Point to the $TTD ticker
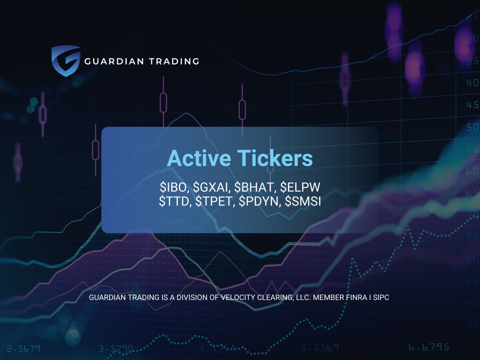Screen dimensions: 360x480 click(x=174, y=202)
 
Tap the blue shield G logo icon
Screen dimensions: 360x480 click(x=66, y=61)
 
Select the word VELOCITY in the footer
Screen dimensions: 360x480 click(x=240, y=298)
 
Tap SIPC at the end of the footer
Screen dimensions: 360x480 click(x=380, y=298)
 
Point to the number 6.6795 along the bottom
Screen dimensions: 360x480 click(x=428, y=347)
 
